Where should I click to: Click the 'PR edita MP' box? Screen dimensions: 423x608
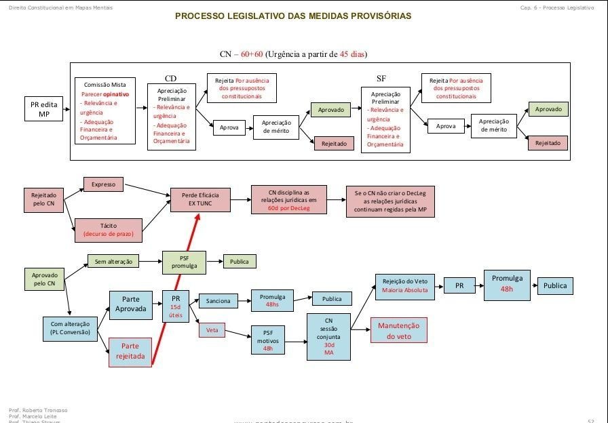pyautogui.click(x=43, y=109)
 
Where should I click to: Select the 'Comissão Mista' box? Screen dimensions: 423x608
pyautogui.click(x=105, y=111)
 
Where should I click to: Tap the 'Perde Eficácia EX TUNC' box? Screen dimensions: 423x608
pyautogui.click(x=201, y=199)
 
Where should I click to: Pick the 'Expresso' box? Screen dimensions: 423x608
pyautogui.click(x=103, y=184)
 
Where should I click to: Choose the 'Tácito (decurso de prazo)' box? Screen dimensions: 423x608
pyautogui.click(x=108, y=230)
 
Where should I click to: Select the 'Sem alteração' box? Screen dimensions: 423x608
pyautogui.click(x=113, y=261)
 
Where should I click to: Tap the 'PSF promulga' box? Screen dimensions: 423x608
pyautogui.click(x=183, y=262)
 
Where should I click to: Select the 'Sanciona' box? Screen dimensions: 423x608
pyautogui.click(x=218, y=301)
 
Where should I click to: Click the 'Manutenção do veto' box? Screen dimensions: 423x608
pyautogui.click(x=398, y=330)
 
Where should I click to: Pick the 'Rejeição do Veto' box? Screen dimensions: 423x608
pyautogui.click(x=404, y=285)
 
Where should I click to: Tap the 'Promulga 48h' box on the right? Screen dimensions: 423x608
pyautogui.click(x=506, y=283)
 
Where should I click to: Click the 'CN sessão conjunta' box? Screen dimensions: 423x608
pyautogui.click(x=328, y=336)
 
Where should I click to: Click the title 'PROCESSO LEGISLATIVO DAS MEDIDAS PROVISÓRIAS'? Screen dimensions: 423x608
pyautogui.click(x=292, y=16)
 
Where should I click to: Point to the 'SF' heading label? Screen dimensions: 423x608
pyautogui.click(x=381, y=79)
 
